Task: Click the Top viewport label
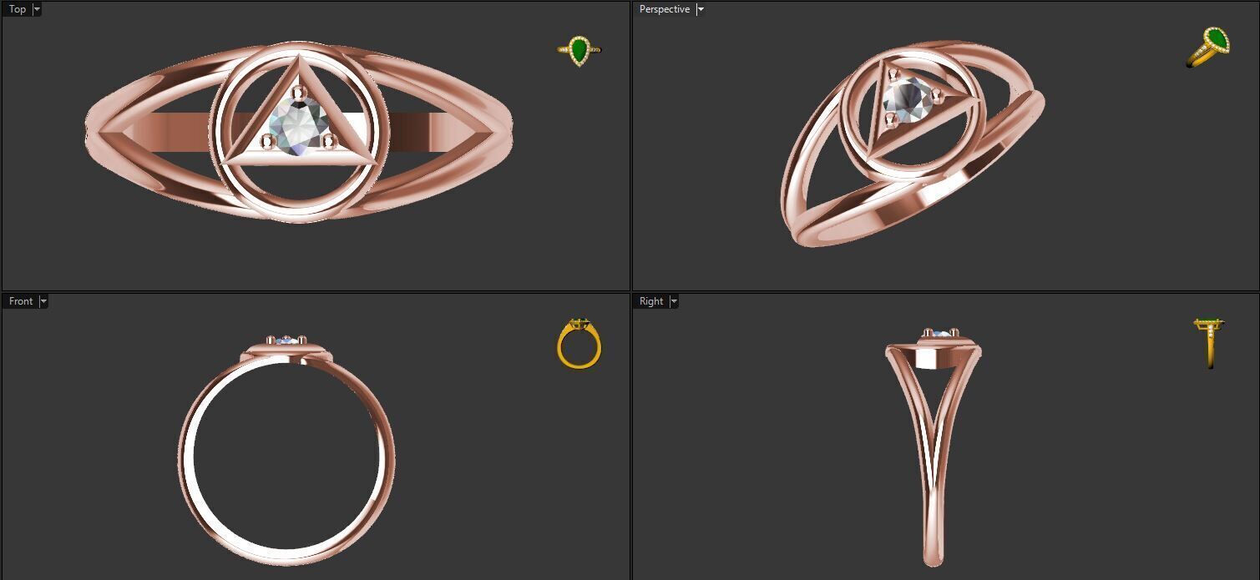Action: pos(17,9)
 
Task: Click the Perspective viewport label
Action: pos(664,9)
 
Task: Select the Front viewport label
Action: pos(21,301)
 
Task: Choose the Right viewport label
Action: pos(650,301)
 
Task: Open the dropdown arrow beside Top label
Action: pos(37,9)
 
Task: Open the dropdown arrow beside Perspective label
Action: pos(701,9)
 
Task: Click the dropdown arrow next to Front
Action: pos(43,301)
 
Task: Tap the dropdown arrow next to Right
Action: pos(674,301)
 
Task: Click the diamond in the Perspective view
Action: pos(908,98)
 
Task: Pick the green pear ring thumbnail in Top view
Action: pos(579,50)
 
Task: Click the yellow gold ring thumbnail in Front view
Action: pos(579,343)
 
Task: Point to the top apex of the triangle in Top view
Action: pos(298,58)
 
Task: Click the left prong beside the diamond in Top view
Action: pos(267,140)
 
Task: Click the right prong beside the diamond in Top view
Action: pos(328,139)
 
